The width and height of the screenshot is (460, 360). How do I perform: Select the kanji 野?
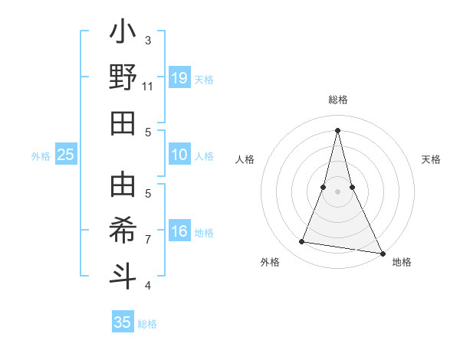point(123,78)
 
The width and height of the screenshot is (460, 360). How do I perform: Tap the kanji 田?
point(123,123)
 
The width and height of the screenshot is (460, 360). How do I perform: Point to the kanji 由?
point(123,186)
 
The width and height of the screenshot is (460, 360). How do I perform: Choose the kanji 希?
point(123,231)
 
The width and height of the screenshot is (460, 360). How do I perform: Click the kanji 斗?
point(123,276)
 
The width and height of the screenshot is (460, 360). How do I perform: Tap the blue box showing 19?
point(179,78)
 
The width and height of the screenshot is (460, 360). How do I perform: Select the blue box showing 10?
point(179,155)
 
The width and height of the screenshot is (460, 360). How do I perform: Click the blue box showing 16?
point(179,232)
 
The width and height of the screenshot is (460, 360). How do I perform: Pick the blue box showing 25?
point(65,155)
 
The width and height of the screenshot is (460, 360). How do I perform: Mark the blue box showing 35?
point(123,322)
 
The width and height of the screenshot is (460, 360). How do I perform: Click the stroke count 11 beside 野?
point(147,87)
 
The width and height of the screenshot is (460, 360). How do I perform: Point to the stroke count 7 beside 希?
point(148,240)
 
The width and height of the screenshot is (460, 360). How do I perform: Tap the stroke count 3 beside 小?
point(148,40)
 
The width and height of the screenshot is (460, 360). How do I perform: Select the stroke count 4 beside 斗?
point(148,286)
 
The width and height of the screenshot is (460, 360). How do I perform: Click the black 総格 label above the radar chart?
point(337,100)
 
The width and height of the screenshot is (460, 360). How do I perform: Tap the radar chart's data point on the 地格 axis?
point(382,252)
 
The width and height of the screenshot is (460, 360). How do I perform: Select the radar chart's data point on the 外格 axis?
point(302,242)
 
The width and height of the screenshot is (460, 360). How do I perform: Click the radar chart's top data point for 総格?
point(337,129)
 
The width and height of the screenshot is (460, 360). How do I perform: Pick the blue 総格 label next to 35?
point(147,323)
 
